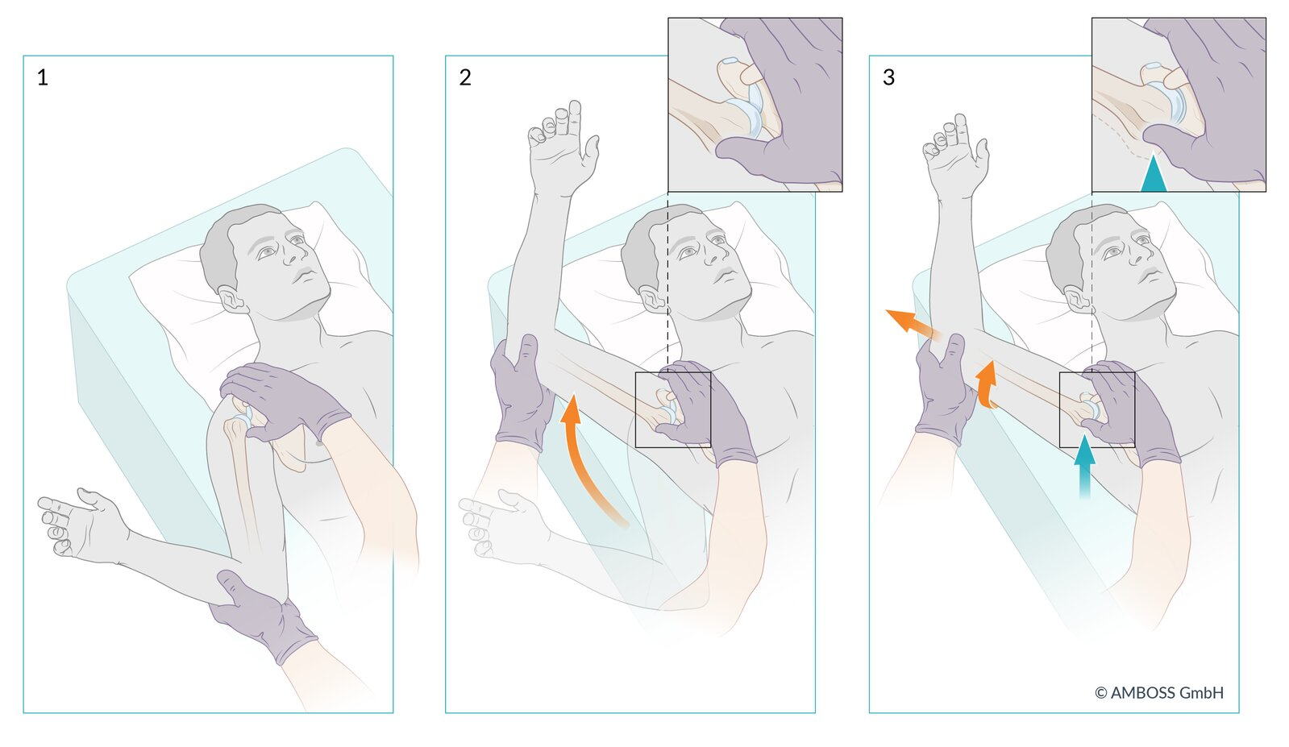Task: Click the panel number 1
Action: (42, 77)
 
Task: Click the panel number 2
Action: (465, 77)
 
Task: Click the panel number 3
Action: (888, 77)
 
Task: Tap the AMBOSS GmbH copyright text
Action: (1159, 692)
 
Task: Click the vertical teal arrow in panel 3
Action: (1084, 466)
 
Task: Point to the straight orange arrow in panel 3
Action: (912, 326)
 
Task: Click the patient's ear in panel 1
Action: (233, 300)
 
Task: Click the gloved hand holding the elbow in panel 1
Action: (262, 618)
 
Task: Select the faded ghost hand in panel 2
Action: (504, 523)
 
